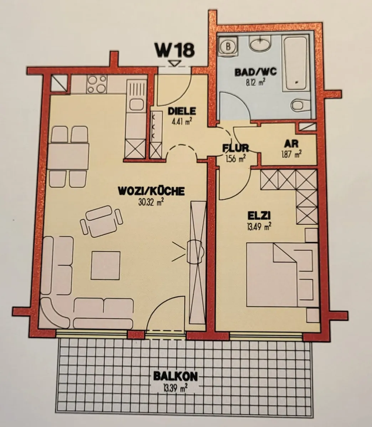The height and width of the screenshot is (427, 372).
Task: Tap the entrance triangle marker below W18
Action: point(175,63)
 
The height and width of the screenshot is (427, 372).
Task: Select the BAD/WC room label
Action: point(256,72)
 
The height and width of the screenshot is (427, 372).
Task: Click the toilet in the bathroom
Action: point(301,105)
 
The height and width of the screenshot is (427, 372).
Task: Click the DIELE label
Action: point(182,111)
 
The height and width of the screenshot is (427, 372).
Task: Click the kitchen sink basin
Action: point(136,104)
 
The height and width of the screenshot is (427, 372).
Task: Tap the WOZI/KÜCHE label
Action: point(151,191)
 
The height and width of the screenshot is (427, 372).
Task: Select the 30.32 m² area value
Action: point(151,202)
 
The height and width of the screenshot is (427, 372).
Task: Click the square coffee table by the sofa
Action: point(105,265)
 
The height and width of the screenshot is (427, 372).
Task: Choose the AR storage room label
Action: point(291,144)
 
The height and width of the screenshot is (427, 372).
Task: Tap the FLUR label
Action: point(236,148)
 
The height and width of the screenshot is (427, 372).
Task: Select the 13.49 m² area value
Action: point(259,227)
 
